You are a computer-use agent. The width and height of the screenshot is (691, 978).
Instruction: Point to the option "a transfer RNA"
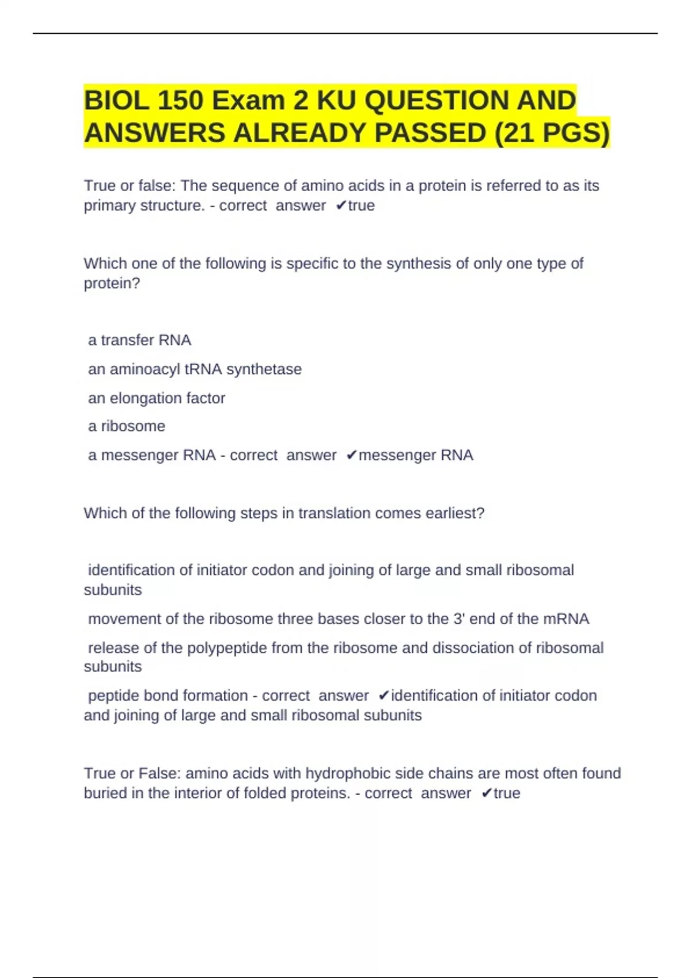click(x=139, y=341)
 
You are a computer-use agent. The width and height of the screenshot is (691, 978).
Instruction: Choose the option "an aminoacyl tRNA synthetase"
click(x=195, y=369)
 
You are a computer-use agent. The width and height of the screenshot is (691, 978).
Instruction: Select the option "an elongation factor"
click(x=156, y=398)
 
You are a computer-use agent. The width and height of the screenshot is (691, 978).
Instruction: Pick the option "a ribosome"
click(x=126, y=426)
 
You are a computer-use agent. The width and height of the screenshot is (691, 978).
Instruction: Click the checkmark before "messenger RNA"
click(x=352, y=456)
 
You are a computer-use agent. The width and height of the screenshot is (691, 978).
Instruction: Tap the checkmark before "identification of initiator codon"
click(x=384, y=696)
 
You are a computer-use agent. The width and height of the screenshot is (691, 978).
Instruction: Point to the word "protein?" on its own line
click(x=112, y=284)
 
